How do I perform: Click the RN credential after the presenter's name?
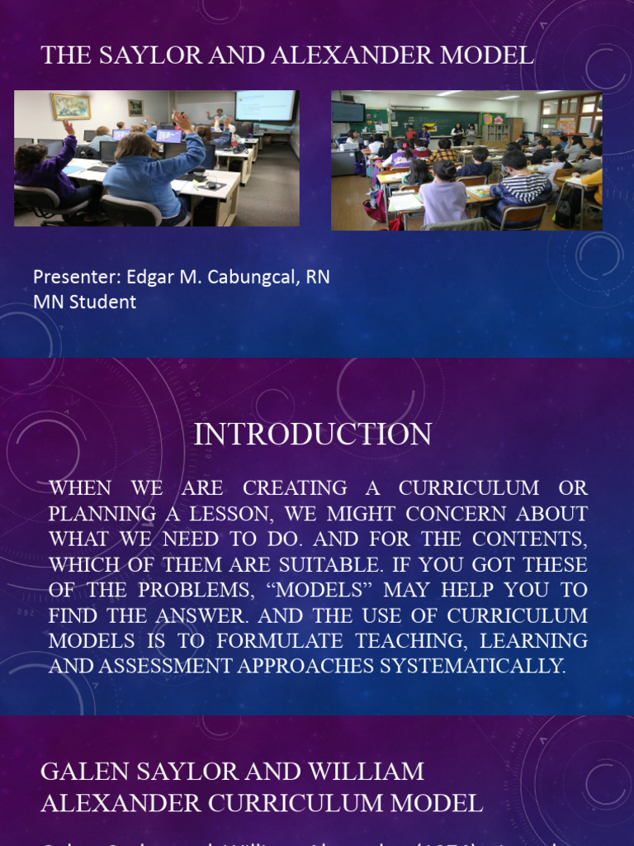[318, 277]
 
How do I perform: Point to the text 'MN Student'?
[84, 302]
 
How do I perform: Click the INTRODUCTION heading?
[312, 435]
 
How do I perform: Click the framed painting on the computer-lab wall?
[70, 106]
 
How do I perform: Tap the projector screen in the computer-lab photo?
[264, 106]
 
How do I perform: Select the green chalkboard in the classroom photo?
[434, 125]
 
